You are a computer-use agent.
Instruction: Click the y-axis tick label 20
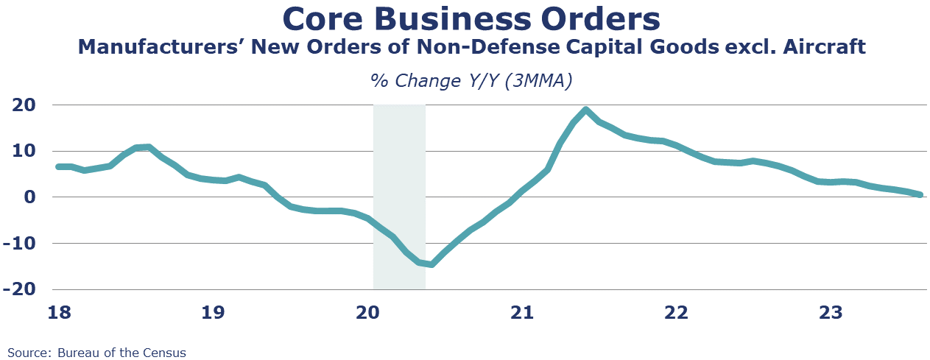tap(24, 105)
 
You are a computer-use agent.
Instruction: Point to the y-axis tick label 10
tap(24, 151)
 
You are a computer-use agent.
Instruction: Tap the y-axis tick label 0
tap(30, 197)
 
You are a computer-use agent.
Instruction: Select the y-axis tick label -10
tap(20, 244)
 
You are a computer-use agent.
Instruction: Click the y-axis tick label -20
tap(20, 289)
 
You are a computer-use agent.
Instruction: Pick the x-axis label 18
tap(60, 313)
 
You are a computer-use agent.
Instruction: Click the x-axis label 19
tap(213, 313)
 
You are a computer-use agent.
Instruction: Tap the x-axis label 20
tap(368, 313)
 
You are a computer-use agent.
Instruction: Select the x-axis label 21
tap(522, 313)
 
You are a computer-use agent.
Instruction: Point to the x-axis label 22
tap(676, 313)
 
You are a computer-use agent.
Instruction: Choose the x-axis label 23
tap(831, 313)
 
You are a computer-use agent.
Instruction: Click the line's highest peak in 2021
tap(585, 110)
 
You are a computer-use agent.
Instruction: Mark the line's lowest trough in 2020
tap(431, 264)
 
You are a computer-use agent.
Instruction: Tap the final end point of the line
tap(920, 195)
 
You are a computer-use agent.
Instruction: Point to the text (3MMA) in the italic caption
tap(539, 80)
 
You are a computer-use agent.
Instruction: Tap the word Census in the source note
tap(164, 353)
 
